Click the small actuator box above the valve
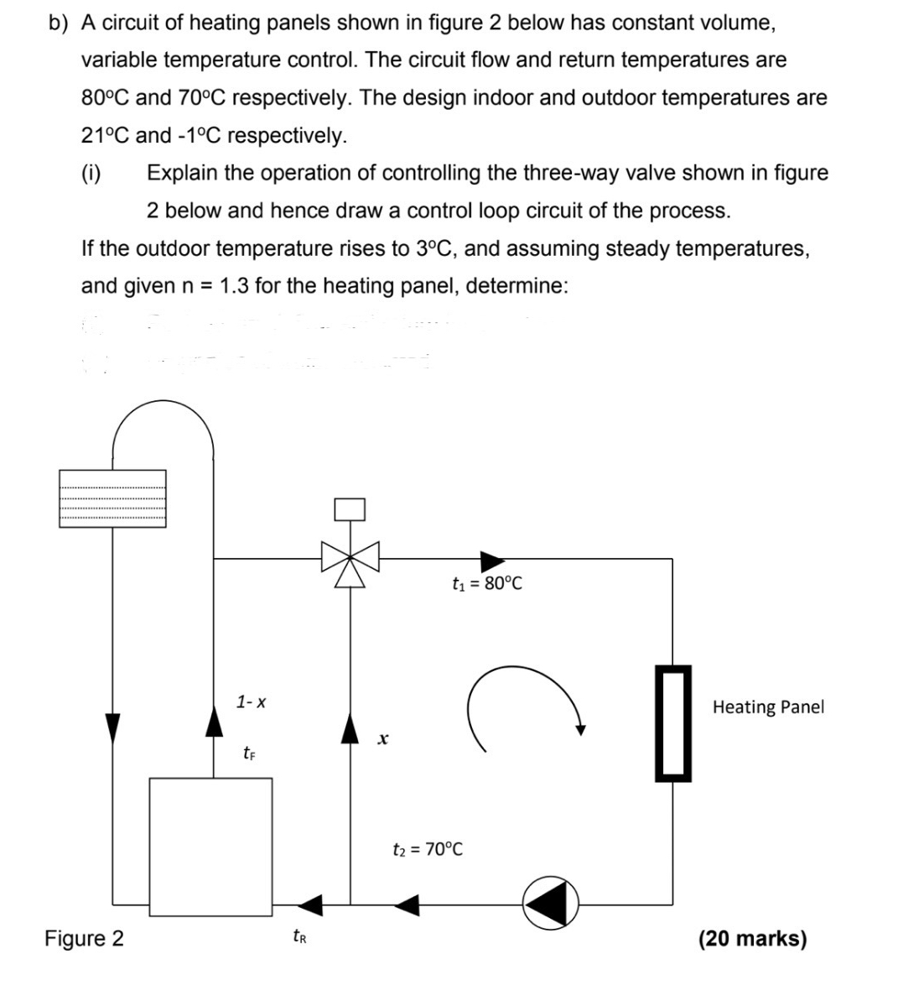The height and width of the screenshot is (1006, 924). click(x=350, y=509)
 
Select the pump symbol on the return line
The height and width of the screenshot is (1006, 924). click(x=552, y=904)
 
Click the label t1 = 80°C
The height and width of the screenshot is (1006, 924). click(x=486, y=584)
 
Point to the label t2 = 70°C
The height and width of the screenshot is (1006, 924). click(x=428, y=849)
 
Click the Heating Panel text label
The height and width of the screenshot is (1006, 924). click(x=768, y=707)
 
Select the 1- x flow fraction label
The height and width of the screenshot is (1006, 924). click(x=252, y=701)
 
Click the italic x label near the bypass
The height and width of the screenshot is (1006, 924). click(x=382, y=740)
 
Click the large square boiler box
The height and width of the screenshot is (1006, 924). click(x=210, y=846)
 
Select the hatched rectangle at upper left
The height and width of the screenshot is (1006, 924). click(x=112, y=498)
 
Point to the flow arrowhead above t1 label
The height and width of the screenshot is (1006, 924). click(x=491, y=558)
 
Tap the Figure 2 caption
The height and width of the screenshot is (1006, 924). click(x=84, y=938)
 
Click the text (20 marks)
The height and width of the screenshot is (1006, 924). click(x=752, y=938)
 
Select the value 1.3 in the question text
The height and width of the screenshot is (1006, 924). click(x=234, y=286)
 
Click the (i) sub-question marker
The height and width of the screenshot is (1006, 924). click(x=91, y=174)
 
